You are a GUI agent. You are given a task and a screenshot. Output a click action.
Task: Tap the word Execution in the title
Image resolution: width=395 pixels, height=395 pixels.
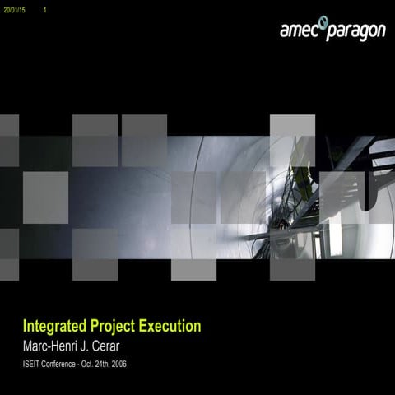click(169, 326)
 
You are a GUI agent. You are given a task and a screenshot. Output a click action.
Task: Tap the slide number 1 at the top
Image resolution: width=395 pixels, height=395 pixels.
click(44, 9)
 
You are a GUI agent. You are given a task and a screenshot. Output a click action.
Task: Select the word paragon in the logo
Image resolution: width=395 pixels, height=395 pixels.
click(356, 32)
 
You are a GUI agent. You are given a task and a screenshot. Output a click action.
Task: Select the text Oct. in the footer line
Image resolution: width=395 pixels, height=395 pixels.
click(90, 363)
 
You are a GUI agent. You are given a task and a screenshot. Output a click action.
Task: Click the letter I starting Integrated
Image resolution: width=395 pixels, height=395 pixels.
click(25, 326)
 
